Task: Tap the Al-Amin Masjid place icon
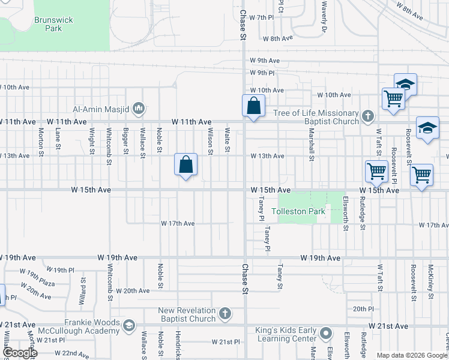[139, 109]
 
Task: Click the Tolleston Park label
[298, 211]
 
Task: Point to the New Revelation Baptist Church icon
[224, 314]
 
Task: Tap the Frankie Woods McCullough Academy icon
[128, 326]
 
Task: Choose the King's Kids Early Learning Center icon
[326, 332]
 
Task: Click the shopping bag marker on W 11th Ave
[253, 106]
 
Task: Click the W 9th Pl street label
[262, 73]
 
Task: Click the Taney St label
[280, 277]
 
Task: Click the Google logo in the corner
[19, 353]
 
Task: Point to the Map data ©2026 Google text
[412, 355]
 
